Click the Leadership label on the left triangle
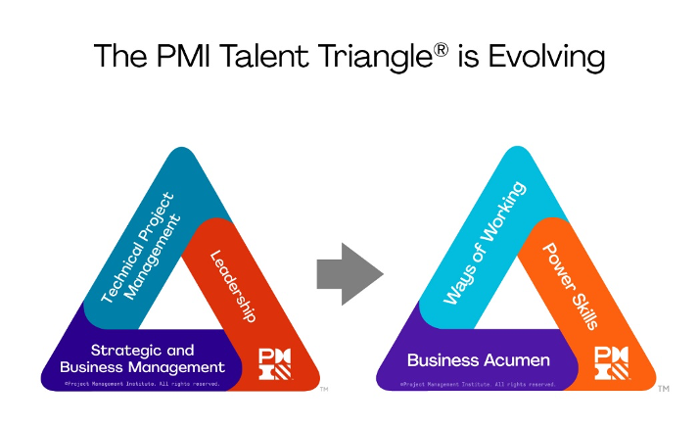pyautogui.click(x=233, y=286)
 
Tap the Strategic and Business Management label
pyautogui.click(x=142, y=358)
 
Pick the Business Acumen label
pyautogui.click(x=479, y=359)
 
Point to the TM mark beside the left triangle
pyautogui.click(x=324, y=390)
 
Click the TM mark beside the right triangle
pyautogui.click(x=663, y=389)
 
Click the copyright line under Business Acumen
pyautogui.click(x=478, y=384)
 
